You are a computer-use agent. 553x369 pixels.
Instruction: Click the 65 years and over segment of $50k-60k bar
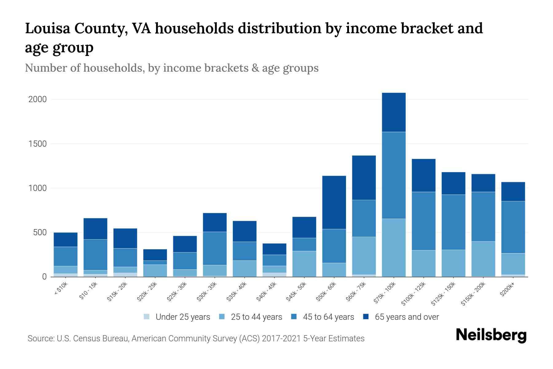pyautogui.click(x=334, y=202)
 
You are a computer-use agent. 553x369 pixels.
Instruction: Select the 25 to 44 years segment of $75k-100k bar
pyautogui.click(x=394, y=248)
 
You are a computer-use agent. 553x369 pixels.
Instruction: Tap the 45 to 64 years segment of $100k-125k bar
pyautogui.click(x=423, y=221)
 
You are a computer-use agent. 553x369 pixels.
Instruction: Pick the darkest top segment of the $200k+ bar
pyautogui.click(x=513, y=191)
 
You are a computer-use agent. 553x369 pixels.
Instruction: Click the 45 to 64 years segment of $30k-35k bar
pyautogui.click(x=215, y=248)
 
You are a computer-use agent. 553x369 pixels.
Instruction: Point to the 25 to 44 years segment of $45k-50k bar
pyautogui.click(x=304, y=264)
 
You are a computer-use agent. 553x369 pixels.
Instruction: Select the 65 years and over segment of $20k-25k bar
pyautogui.click(x=155, y=255)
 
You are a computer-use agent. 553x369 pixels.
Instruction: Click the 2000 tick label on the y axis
pyautogui.click(x=37, y=99)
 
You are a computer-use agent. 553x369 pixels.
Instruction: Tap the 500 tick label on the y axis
pyautogui.click(x=40, y=232)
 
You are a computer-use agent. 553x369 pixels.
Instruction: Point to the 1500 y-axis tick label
pyautogui.click(x=37, y=144)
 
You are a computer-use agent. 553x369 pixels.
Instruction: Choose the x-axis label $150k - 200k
pyautogui.click(x=473, y=294)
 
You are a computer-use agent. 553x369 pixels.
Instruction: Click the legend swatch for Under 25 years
pyautogui.click(x=147, y=317)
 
